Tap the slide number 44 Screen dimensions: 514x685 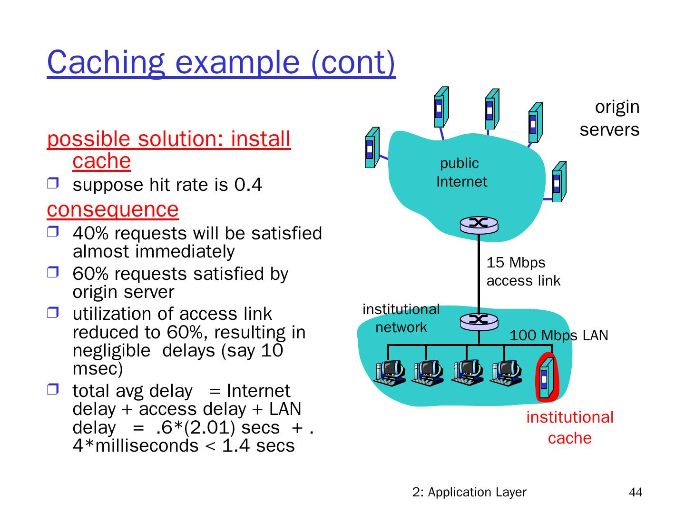click(635, 493)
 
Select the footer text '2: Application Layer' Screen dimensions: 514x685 click(469, 492)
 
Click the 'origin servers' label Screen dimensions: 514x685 click(610, 118)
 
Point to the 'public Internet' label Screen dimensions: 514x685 click(461, 172)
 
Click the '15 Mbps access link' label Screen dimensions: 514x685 click(523, 272)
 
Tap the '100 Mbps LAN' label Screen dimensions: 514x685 click(558, 336)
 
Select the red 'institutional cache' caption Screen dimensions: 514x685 click(569, 427)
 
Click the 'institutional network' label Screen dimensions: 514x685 click(401, 318)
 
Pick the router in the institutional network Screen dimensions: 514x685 click(479, 321)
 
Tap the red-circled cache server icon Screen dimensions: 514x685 click(546, 378)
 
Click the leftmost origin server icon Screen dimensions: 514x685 click(372, 148)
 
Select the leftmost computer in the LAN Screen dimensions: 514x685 click(389, 372)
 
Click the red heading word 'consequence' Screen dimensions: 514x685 click(113, 209)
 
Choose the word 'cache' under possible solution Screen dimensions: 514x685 click(102, 161)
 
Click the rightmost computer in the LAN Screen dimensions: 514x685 click(507, 372)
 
